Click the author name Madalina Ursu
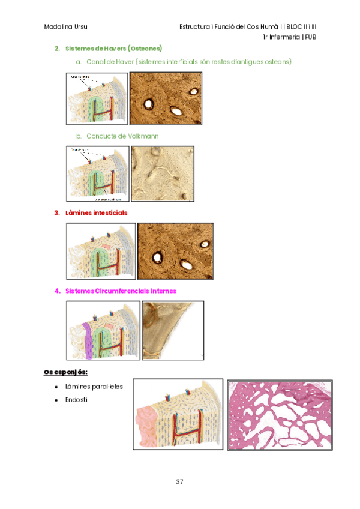click(65, 27)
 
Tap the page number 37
click(179, 482)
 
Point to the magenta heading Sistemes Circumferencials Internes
click(121, 291)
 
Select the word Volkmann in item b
click(144, 136)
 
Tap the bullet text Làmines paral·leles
click(94, 386)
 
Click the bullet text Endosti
click(76, 399)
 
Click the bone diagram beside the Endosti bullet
click(178, 414)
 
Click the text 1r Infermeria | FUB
click(290, 37)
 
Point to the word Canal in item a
click(97, 62)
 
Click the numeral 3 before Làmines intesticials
click(57, 212)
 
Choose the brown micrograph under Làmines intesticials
click(175, 251)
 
